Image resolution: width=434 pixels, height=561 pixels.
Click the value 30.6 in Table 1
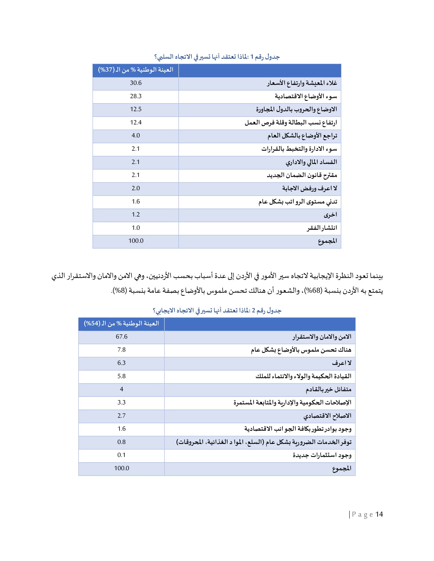tap(136, 83)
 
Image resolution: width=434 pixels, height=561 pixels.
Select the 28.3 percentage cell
tap(136, 96)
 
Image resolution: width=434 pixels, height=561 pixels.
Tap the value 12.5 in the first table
tap(136, 109)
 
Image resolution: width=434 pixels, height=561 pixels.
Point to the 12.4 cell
tap(136, 122)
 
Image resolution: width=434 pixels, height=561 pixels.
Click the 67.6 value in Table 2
tap(121, 337)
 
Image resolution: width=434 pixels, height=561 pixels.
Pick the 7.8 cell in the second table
tap(121, 350)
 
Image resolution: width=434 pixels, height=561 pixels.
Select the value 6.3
tap(121, 363)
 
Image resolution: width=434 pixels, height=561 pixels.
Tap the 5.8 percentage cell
tap(121, 376)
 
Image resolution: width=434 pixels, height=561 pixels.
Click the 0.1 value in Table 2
tap(121, 455)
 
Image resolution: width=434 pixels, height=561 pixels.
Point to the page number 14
tap(379, 515)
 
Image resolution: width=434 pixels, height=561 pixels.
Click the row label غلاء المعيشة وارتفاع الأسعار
tap(302, 83)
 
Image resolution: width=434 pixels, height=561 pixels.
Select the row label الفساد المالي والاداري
tap(311, 162)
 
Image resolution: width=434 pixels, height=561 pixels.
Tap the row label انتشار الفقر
tap(322, 228)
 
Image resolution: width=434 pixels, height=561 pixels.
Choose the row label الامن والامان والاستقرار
tap(322, 337)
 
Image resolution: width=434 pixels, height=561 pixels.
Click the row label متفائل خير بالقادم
tap(328, 389)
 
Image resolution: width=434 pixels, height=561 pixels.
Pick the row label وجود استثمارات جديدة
tap(322, 455)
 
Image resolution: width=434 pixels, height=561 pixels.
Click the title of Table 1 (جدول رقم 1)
tap(217, 57)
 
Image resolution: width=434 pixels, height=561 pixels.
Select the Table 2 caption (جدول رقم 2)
tap(217, 311)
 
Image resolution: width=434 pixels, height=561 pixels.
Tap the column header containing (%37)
tap(136, 70)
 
